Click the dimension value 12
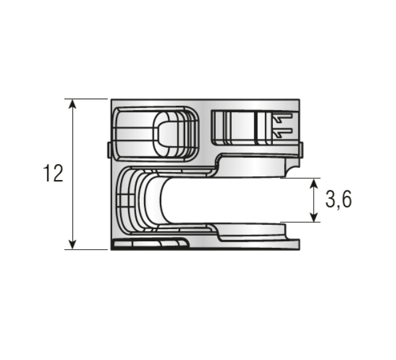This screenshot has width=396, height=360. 53,173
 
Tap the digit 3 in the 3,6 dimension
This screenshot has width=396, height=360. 332,200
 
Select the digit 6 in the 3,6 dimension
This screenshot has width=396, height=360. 346,200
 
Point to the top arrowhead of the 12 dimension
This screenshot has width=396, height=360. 73,104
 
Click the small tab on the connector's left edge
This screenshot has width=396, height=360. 109,150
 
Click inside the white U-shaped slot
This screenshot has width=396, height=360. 233,200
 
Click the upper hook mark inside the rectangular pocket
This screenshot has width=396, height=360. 282,118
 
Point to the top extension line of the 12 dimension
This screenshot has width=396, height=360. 86,99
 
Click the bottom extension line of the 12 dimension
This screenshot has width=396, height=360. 86,249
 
